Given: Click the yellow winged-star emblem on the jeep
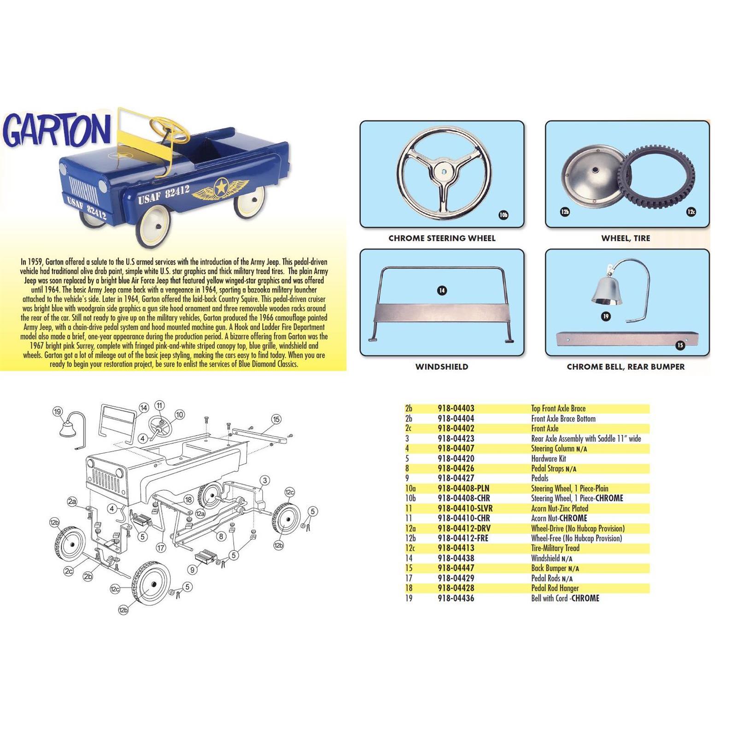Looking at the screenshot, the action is pos(220,189).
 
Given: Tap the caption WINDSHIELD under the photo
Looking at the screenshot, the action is pos(441,367).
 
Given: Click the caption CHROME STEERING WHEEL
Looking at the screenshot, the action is pos(442,238).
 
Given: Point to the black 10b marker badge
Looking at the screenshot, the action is pos(503,215).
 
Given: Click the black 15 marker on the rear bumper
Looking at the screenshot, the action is pos(680,345).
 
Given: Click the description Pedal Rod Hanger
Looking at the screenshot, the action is pos(555,588).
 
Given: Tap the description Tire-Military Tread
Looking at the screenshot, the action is pos(555,548).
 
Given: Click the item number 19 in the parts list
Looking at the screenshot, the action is pos(409,598).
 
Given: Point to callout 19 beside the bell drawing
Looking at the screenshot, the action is pos(57,411).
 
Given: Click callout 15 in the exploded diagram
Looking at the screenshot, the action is pos(276,419).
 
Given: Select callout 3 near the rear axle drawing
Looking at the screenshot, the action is pos(265,480).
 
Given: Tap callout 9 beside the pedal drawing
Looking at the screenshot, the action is pos(193,570).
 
